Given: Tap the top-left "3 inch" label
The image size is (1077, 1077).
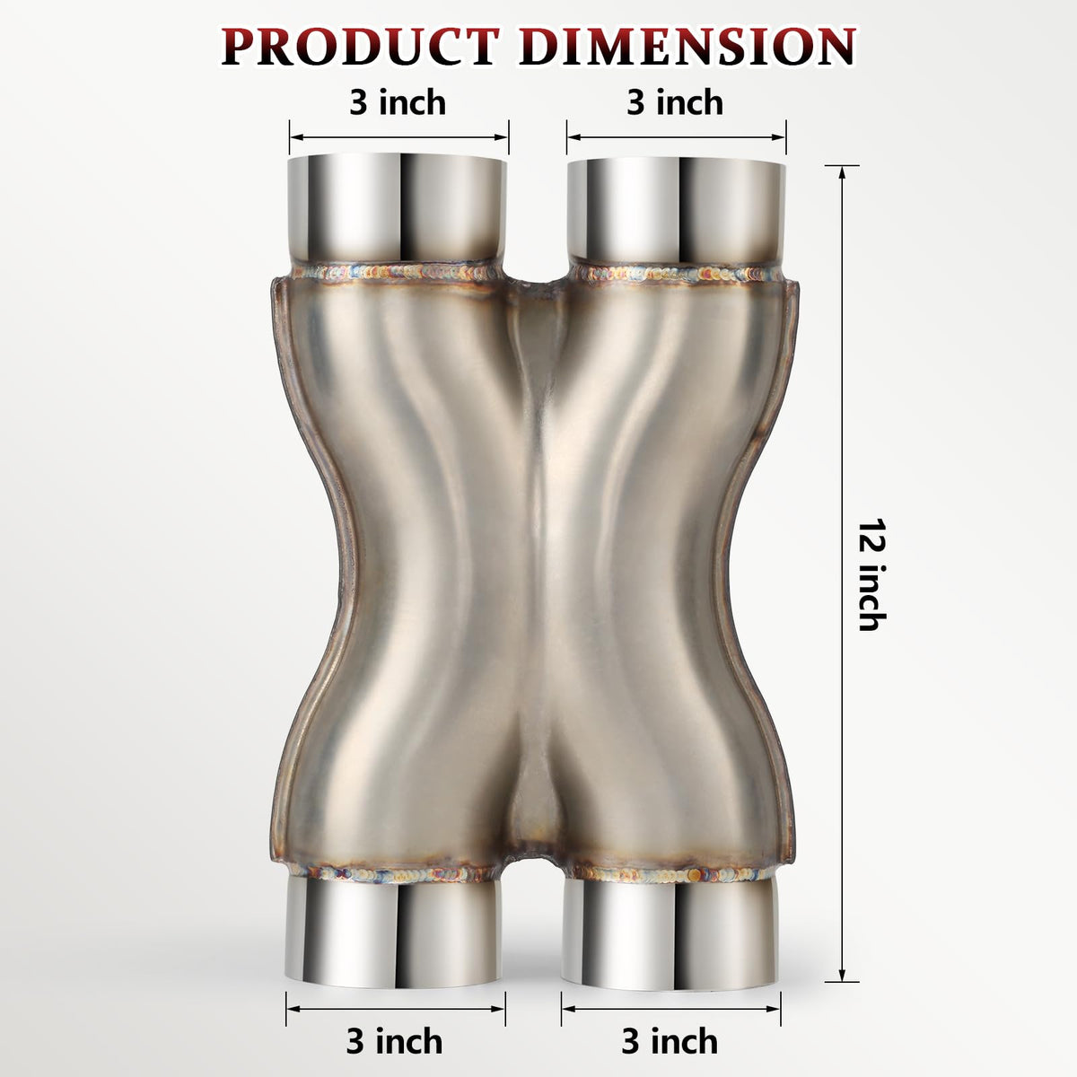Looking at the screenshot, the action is (398, 103).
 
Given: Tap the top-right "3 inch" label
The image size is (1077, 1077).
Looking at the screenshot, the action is (675, 103).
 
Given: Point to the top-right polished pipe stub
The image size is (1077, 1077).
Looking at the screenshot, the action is (677, 211).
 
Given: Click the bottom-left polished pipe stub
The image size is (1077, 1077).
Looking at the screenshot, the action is (393, 940).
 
